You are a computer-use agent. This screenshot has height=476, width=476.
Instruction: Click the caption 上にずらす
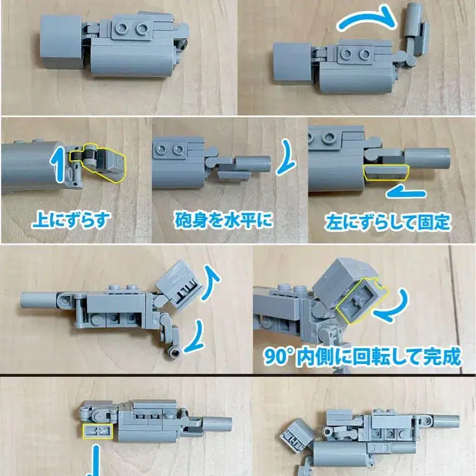pos(72,219)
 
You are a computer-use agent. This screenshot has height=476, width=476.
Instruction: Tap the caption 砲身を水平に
pos(224,220)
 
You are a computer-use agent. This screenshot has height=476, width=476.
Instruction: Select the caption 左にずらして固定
pos(388,222)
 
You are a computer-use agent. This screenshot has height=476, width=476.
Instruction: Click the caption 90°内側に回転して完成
pos(362,356)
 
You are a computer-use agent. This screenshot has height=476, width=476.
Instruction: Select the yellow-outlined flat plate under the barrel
pos(387,172)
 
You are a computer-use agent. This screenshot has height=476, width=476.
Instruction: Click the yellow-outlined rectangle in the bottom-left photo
pos(98,431)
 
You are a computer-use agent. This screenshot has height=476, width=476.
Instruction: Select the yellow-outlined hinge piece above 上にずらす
pos(98,163)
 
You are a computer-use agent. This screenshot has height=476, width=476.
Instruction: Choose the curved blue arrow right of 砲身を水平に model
pos(285,157)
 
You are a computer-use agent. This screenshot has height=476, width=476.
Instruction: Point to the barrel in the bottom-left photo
pos(217,424)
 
